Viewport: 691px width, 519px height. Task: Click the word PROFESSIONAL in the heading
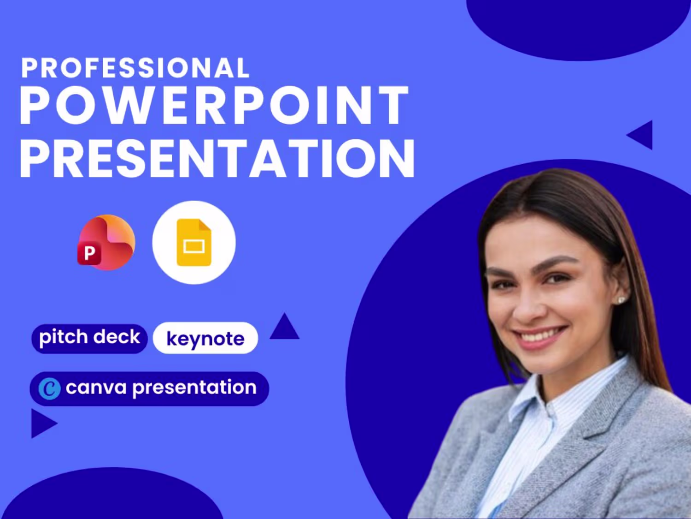tap(135, 68)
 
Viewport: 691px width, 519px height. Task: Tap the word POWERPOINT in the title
tap(214, 105)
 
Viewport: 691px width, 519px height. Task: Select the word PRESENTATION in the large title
tap(217, 158)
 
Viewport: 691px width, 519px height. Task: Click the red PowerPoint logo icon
tap(106, 242)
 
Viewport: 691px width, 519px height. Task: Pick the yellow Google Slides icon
tap(194, 242)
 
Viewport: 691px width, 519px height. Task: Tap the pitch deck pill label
tap(90, 339)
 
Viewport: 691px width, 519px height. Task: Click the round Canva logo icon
tap(49, 388)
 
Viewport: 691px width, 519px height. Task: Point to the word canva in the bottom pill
tap(96, 388)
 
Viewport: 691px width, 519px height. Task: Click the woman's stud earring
tap(621, 300)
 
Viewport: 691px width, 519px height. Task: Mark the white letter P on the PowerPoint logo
tap(90, 253)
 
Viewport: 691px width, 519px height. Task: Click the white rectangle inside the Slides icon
tap(194, 246)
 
